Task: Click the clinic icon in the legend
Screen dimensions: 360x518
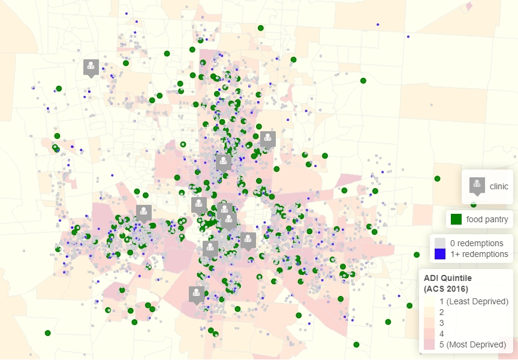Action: (x=477, y=186)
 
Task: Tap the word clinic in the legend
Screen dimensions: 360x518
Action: (x=499, y=186)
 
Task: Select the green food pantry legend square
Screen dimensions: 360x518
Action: (x=456, y=219)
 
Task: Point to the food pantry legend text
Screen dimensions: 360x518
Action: (x=487, y=219)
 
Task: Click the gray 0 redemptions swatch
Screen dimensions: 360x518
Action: (x=440, y=243)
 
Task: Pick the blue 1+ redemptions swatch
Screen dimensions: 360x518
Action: (x=440, y=254)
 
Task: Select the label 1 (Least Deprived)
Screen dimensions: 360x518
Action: (x=474, y=301)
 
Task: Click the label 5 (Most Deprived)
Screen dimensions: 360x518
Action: (x=473, y=344)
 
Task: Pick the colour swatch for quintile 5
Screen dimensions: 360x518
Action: (x=429, y=344)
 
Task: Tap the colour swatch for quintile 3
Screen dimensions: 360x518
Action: (x=429, y=323)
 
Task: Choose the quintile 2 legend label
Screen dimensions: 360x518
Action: (x=442, y=311)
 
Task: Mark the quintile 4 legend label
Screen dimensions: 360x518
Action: (x=442, y=334)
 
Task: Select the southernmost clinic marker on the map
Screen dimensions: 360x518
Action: (x=196, y=294)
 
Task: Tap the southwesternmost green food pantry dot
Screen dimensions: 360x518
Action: (x=48, y=333)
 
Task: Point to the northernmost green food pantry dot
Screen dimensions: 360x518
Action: (x=261, y=28)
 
